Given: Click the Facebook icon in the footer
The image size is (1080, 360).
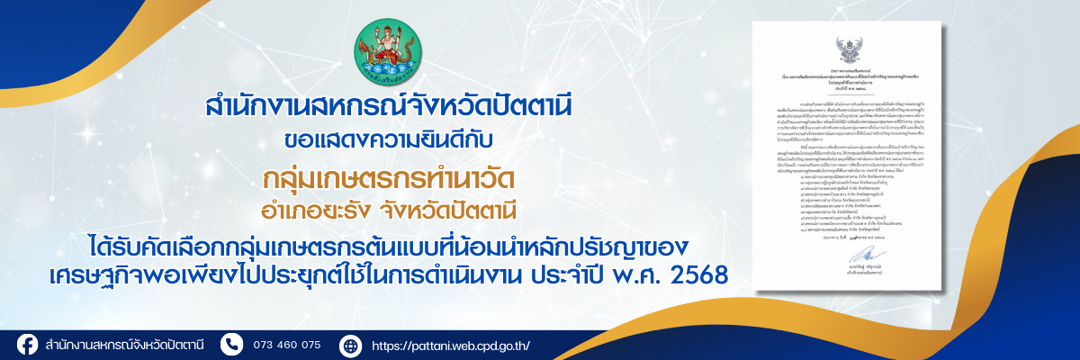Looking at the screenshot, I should click(x=27, y=345).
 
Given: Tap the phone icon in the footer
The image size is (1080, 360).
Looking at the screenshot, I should click(x=232, y=345).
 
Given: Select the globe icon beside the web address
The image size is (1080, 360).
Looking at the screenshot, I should click(x=350, y=345).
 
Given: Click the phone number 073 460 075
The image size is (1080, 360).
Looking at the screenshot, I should click(x=287, y=345).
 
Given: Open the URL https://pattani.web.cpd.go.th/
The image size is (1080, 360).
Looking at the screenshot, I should click(x=451, y=345).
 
